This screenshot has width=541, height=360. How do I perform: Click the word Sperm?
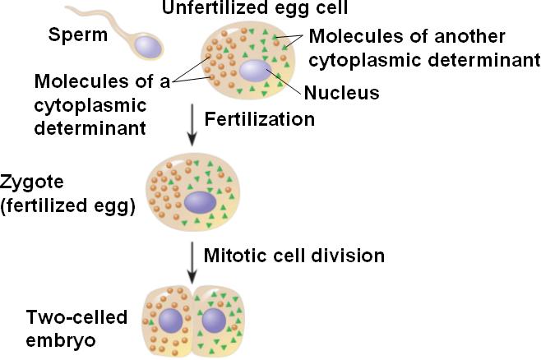[78, 35]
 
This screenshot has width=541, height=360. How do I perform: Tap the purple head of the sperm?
[148, 47]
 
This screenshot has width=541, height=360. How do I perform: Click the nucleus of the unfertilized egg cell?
[256, 71]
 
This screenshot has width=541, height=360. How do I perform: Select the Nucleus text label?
[341, 92]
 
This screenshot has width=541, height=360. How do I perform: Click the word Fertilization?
[260, 119]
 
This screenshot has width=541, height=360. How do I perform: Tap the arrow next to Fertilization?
[192, 124]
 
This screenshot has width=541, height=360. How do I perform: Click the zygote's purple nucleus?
[200, 202]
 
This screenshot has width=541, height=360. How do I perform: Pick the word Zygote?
[32, 182]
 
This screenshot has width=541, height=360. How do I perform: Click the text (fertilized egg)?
[68, 206]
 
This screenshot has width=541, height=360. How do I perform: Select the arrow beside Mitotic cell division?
[192, 263]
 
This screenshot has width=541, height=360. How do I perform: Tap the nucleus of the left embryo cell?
[171, 321]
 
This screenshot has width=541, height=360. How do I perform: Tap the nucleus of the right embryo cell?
[214, 321]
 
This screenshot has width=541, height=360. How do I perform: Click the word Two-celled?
[77, 317]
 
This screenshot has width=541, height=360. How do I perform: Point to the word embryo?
[61, 341]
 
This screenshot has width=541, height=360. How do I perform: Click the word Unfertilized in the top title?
[207, 7]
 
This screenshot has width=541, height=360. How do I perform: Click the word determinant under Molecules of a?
[90, 128]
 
